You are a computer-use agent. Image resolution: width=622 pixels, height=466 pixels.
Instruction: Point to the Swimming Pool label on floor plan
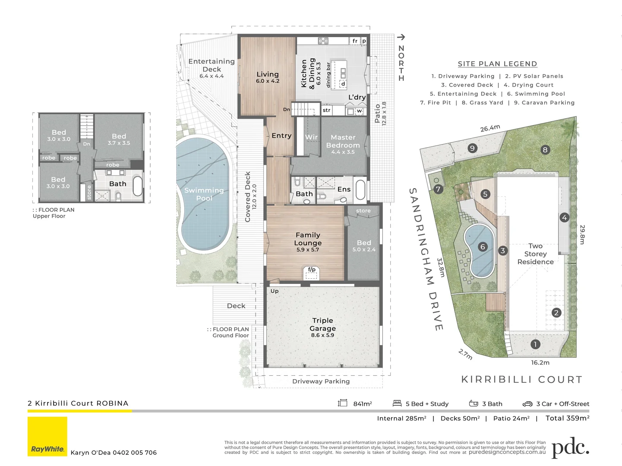tap(204, 194)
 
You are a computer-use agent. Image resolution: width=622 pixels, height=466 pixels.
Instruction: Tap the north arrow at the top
tap(401, 38)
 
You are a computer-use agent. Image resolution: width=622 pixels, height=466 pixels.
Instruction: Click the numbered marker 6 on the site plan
tap(483, 247)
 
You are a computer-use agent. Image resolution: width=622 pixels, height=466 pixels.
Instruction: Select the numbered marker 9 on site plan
tap(472, 148)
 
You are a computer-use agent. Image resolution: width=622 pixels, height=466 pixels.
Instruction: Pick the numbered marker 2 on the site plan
tap(556, 313)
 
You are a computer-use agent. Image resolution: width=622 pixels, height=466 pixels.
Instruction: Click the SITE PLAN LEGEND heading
tap(497, 64)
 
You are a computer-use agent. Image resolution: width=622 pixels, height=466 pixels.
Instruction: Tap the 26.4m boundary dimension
tap(490, 128)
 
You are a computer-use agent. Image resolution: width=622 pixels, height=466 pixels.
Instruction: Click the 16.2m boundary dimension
tap(540, 362)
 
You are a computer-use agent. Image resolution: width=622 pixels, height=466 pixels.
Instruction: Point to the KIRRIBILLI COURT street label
tap(522, 380)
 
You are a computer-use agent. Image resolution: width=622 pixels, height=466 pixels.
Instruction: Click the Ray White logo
tap(47, 437)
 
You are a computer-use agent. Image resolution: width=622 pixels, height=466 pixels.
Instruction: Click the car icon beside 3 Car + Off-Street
tap(527, 404)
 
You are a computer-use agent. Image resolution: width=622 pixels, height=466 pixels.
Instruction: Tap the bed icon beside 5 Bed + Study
tap(397, 403)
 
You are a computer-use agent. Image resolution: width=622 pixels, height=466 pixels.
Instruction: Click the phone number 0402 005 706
tap(135, 453)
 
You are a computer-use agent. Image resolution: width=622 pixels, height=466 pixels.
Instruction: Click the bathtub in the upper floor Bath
tap(137, 186)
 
